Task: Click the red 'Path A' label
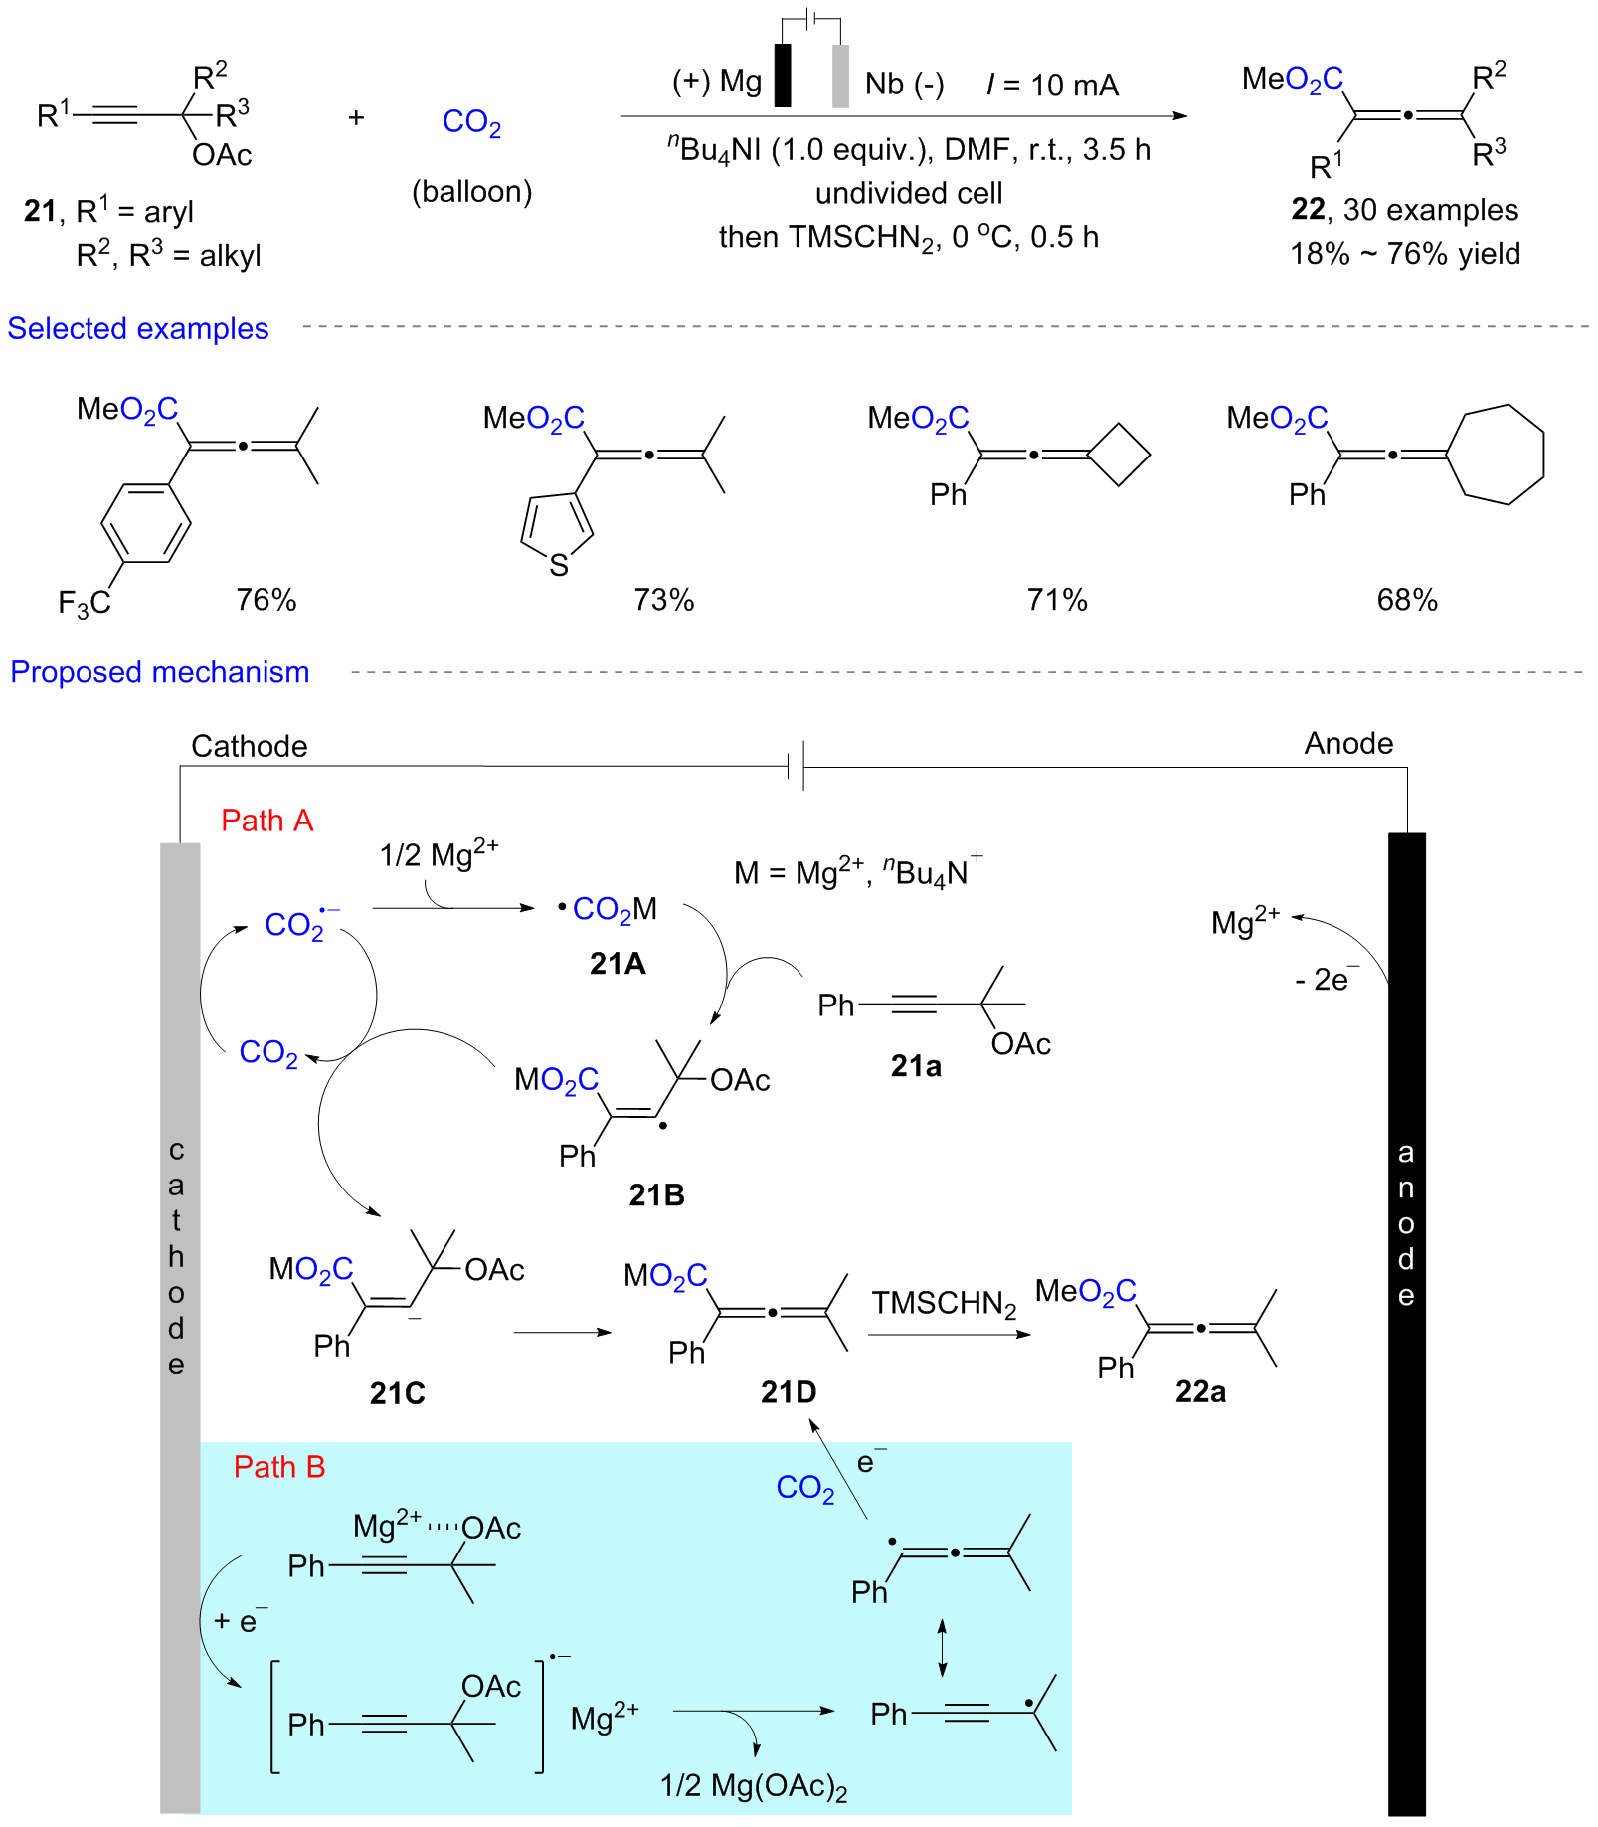coord(266,821)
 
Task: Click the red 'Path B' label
coord(278,1467)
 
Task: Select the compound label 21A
coord(618,963)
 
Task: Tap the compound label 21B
coord(656,1194)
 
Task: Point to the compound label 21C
coord(397,1393)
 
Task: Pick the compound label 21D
coord(789,1391)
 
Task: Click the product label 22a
coord(1200,1391)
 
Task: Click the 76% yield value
coord(266,600)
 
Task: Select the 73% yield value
coord(663,600)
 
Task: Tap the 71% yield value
coord(1057,600)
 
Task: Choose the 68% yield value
coord(1407,600)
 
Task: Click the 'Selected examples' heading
coord(138,328)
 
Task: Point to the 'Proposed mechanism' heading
coord(160,672)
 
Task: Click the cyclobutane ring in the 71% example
coord(1119,456)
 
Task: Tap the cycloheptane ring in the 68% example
coord(1497,455)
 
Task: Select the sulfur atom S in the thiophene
coord(559,566)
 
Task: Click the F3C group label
coord(85,603)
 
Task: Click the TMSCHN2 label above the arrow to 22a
coord(944,1303)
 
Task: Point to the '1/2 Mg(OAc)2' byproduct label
coord(754,1786)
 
